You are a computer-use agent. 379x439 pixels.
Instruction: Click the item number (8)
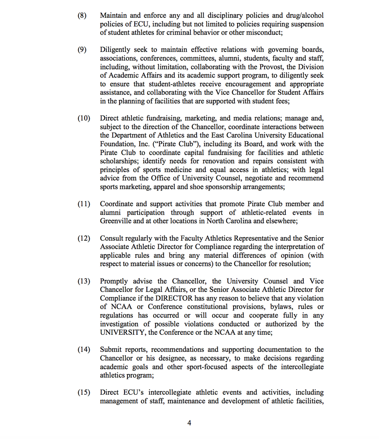pyautogui.click(x=82, y=16)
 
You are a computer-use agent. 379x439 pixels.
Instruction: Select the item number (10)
pyautogui.click(x=84, y=119)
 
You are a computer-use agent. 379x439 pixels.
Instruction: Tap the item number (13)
pyautogui.click(x=84, y=281)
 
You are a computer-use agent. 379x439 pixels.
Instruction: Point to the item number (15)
pyautogui.click(x=84, y=393)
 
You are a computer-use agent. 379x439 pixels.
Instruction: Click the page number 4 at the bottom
pyautogui.click(x=189, y=423)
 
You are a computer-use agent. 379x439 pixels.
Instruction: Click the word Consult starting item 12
pyautogui.click(x=113, y=239)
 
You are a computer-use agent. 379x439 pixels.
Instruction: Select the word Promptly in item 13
pyautogui.click(x=114, y=281)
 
